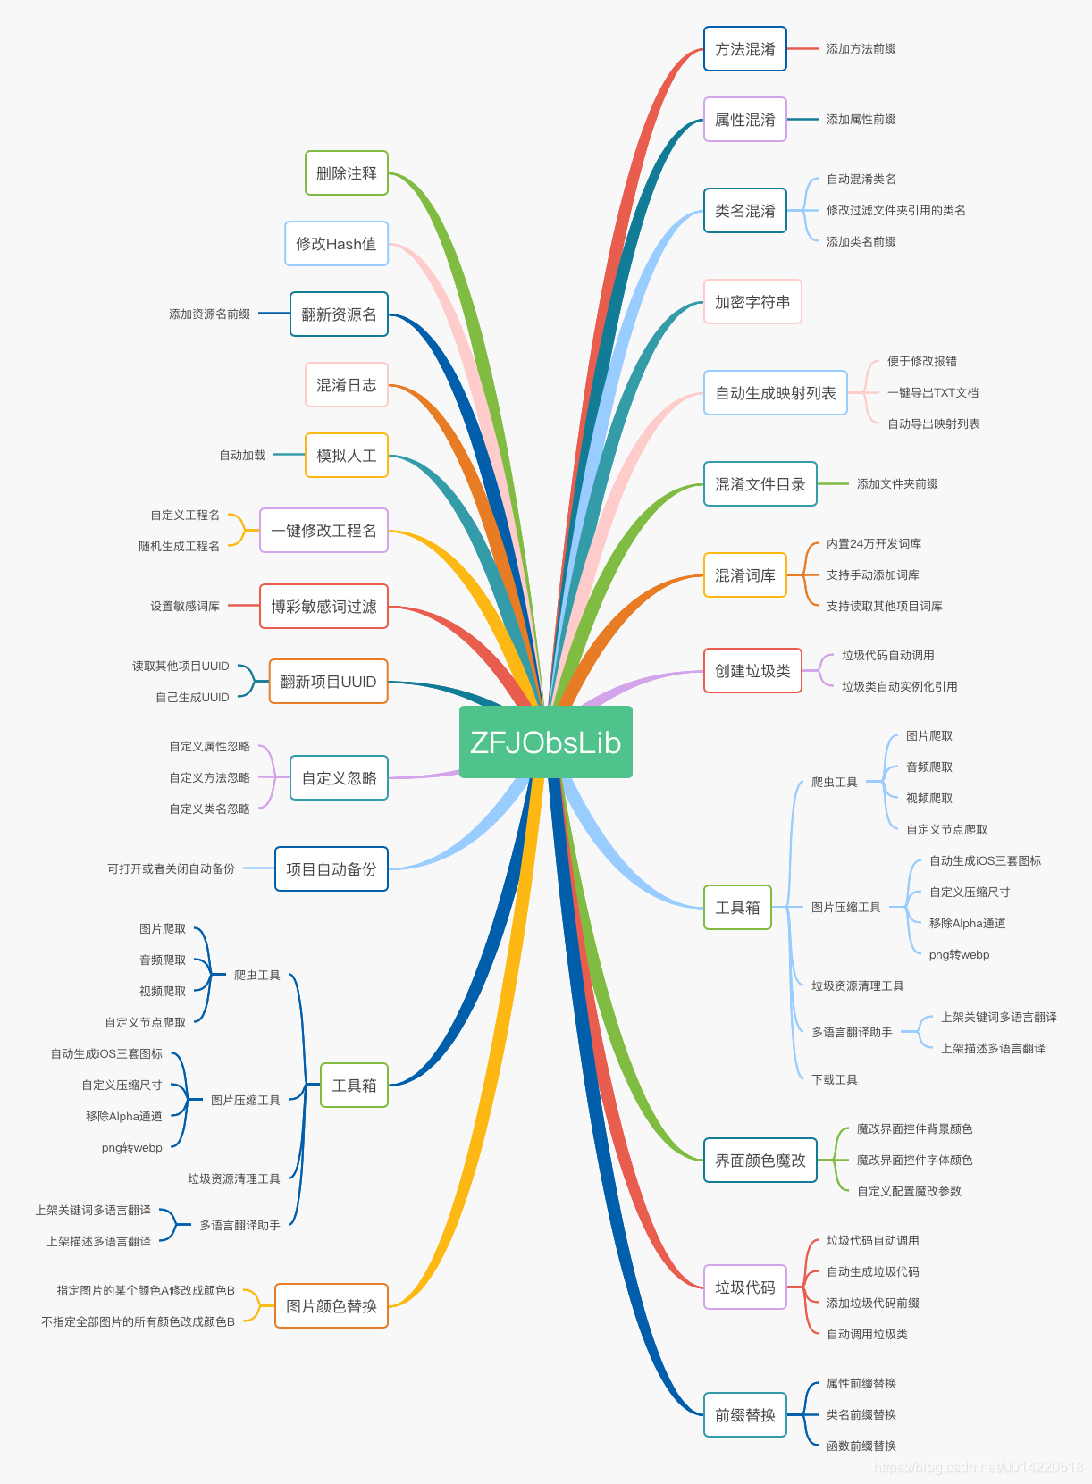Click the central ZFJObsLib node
[x=545, y=742]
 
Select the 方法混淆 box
[x=744, y=49]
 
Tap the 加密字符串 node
[x=752, y=302]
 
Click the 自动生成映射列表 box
[x=775, y=393]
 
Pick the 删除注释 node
[x=347, y=173]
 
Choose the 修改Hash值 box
[x=336, y=244]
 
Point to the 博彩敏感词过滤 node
[x=323, y=607]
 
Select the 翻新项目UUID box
[x=328, y=682]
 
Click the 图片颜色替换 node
[x=331, y=1306]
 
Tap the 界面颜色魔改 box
[x=760, y=1161]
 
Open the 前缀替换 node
[x=744, y=1415]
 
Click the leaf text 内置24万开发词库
[x=873, y=544]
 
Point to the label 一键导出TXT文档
[x=932, y=393]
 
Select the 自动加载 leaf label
[x=242, y=456]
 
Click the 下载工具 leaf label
[x=834, y=1080]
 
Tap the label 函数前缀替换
[x=861, y=1446]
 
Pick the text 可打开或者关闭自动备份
[x=171, y=869]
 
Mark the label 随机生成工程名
[x=179, y=547]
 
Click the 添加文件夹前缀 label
[x=896, y=484]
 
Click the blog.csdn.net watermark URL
[x=978, y=1468]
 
